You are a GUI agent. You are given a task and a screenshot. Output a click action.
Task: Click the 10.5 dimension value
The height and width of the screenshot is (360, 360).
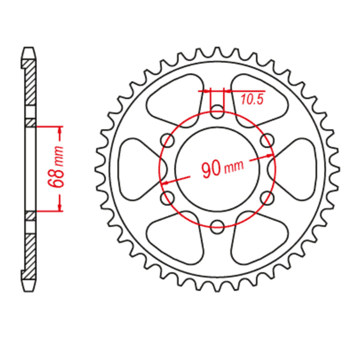tap(252, 100)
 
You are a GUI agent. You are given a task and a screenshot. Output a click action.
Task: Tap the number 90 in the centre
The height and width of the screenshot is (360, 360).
tap(210, 169)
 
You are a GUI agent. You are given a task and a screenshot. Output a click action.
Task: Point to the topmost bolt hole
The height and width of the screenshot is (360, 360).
tap(218, 109)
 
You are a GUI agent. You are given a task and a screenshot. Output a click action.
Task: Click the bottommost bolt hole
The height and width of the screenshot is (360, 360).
tap(218, 224)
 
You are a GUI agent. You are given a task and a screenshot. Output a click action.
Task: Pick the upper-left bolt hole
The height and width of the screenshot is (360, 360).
tap(167, 139)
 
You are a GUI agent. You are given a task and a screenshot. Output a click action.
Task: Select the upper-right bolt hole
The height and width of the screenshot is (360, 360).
tap(267, 139)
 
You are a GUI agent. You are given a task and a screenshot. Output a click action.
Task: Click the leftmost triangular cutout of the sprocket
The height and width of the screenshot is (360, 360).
tap(135, 167)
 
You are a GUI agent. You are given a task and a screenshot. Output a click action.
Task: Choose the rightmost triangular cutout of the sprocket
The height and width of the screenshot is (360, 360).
tap(299, 167)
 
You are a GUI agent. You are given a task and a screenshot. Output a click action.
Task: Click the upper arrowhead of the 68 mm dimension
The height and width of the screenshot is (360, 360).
tap(60, 129)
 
